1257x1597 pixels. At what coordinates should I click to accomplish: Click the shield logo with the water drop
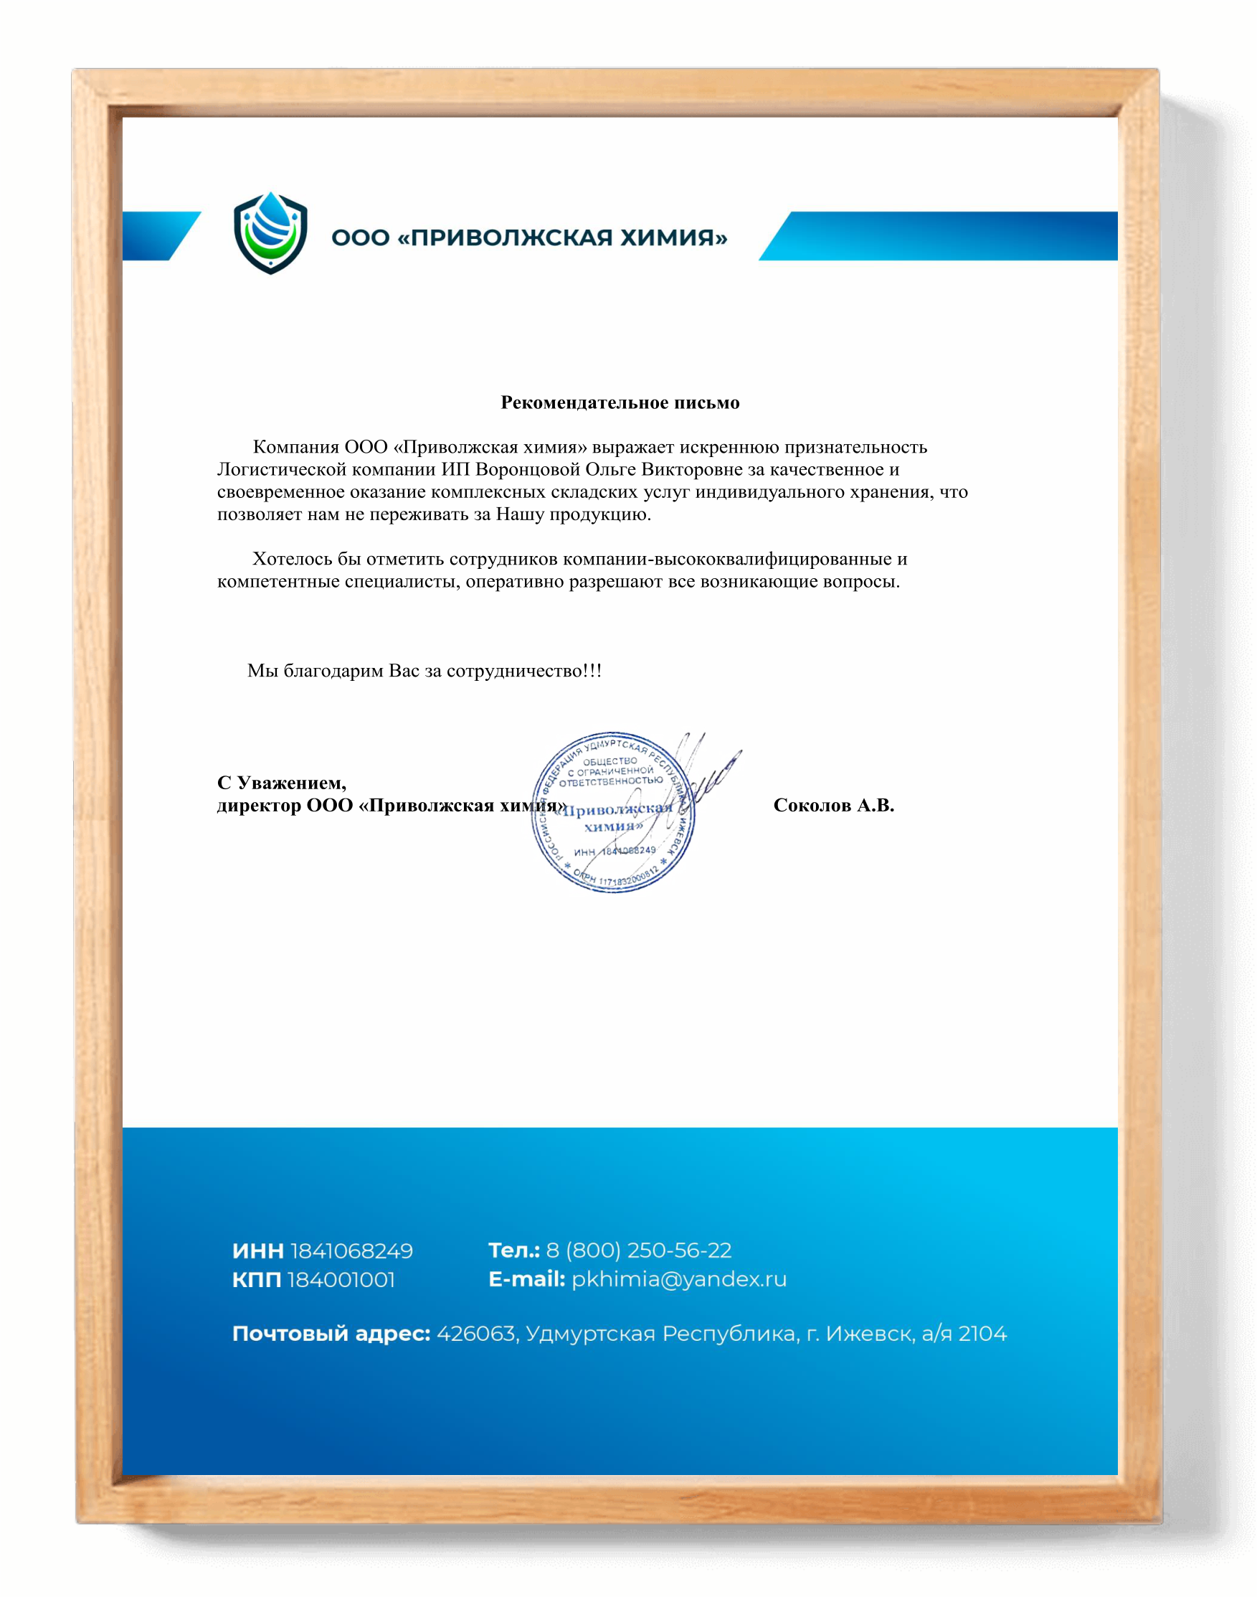click(x=270, y=232)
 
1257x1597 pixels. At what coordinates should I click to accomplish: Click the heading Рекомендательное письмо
click(x=620, y=402)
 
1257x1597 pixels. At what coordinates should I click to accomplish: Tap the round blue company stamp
click(x=612, y=813)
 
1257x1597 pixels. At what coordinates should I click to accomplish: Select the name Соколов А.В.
click(x=833, y=806)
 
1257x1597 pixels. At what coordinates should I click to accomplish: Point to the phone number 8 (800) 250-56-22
click(x=639, y=1250)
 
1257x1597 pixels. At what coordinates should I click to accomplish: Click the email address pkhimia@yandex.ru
click(x=678, y=1280)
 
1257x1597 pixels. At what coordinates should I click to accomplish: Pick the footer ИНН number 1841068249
click(x=352, y=1251)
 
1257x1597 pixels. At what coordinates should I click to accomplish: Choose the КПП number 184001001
click(x=341, y=1281)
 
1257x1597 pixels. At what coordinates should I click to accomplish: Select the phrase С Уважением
click(x=281, y=783)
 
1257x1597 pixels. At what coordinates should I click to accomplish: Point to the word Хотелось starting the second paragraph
click(x=292, y=559)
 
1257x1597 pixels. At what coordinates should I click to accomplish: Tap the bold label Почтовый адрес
click(x=331, y=1334)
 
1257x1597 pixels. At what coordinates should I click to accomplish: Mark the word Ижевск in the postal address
click(x=870, y=1334)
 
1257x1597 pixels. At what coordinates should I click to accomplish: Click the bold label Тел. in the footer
click(x=513, y=1250)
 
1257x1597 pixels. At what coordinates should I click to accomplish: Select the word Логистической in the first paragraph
click(x=282, y=470)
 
